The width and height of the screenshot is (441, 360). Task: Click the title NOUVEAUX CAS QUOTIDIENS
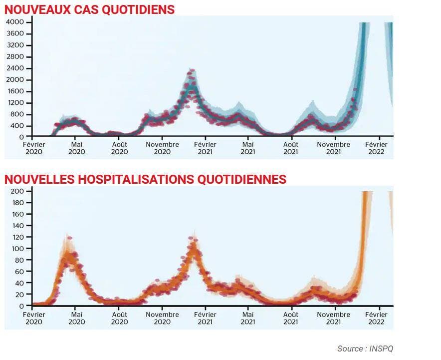90,9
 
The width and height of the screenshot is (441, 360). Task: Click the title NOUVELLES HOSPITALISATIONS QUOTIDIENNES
145,179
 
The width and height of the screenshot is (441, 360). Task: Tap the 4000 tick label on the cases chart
14,22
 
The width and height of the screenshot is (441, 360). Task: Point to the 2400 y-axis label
14,68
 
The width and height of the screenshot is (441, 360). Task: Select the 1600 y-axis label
14,91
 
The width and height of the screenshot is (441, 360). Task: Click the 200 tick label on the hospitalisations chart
18,191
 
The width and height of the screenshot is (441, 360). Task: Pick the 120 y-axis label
18,237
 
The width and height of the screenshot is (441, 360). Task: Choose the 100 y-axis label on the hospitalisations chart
18,249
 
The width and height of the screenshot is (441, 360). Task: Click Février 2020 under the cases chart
33,148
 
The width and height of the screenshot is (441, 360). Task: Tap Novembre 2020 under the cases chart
162,148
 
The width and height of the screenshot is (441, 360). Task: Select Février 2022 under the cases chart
376,148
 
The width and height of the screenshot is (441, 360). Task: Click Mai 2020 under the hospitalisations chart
77,318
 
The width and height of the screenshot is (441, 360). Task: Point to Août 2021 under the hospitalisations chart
291,318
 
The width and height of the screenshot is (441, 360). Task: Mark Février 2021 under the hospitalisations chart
205,318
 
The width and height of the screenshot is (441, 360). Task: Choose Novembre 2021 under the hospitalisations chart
334,318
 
